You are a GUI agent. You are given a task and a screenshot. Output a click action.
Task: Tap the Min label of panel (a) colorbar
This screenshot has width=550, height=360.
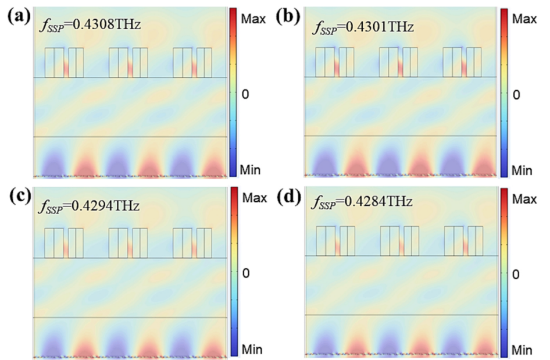click(252, 170)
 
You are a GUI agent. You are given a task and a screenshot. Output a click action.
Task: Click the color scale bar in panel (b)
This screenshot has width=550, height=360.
click(503, 92)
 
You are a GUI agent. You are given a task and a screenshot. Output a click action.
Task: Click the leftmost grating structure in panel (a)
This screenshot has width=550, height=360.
click(64, 62)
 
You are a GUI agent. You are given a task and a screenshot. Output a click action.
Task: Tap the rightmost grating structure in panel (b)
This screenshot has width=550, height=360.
click(462, 62)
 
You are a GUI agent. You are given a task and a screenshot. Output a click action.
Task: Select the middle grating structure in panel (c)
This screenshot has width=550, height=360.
click(128, 243)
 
